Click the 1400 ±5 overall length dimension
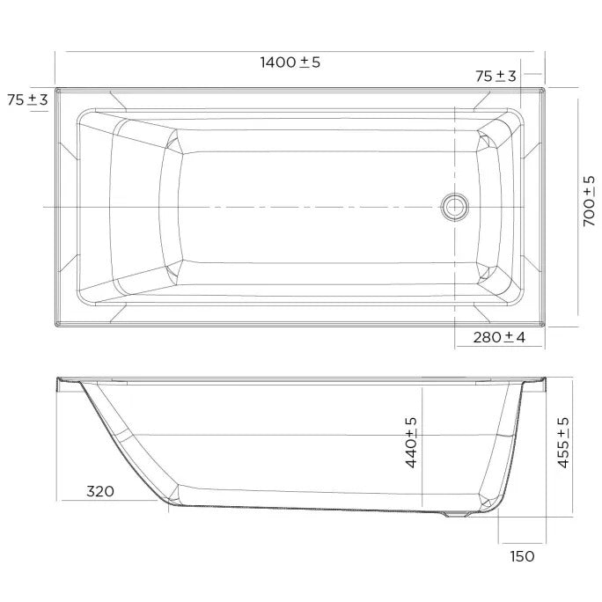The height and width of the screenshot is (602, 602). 290,62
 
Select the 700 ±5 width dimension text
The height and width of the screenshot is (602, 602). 589,202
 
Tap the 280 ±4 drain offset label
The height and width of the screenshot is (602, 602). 499,337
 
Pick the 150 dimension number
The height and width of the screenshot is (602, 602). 521,555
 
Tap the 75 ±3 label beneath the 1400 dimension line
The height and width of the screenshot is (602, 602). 496,77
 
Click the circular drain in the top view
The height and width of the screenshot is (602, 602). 455,207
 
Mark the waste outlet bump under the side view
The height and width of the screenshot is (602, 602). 454,516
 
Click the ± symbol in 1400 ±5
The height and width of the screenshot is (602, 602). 305,62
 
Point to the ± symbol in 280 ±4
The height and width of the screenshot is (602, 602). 510,337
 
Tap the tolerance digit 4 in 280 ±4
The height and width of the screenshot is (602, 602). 521,337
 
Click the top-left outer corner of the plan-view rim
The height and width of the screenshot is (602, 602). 56,87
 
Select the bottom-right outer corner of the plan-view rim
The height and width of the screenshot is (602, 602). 546,326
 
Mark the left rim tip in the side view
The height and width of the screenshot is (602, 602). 58,381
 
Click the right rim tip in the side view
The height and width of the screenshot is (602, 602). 545,381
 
